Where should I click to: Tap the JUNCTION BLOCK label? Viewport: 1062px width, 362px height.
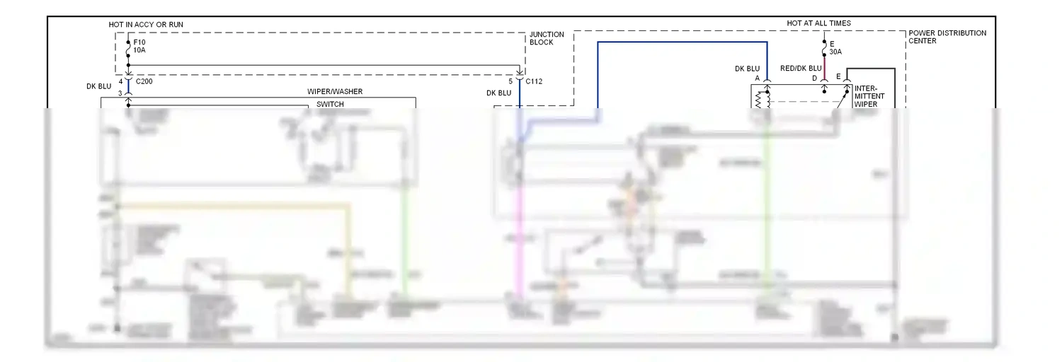(x=547, y=38)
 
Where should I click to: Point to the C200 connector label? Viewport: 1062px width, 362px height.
(x=144, y=82)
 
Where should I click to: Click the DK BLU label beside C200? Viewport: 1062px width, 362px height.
(x=99, y=86)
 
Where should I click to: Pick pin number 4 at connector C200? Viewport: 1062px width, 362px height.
(x=121, y=82)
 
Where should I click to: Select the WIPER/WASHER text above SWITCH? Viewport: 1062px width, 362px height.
(x=335, y=92)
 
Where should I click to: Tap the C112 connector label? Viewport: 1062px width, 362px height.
(x=534, y=82)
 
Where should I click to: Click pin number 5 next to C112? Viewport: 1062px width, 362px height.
(x=510, y=82)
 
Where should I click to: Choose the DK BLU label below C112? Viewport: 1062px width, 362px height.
(x=498, y=93)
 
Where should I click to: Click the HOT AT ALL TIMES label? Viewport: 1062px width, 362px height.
(x=818, y=23)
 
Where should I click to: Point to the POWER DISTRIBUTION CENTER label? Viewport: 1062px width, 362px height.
(x=947, y=37)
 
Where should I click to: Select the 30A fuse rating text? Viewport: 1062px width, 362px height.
(x=835, y=52)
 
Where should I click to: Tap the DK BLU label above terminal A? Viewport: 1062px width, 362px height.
(x=748, y=69)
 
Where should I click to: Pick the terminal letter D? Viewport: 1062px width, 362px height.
(x=814, y=78)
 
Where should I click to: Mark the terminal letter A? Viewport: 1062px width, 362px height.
(x=758, y=78)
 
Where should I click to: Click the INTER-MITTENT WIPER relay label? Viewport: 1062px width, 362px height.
(x=869, y=96)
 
